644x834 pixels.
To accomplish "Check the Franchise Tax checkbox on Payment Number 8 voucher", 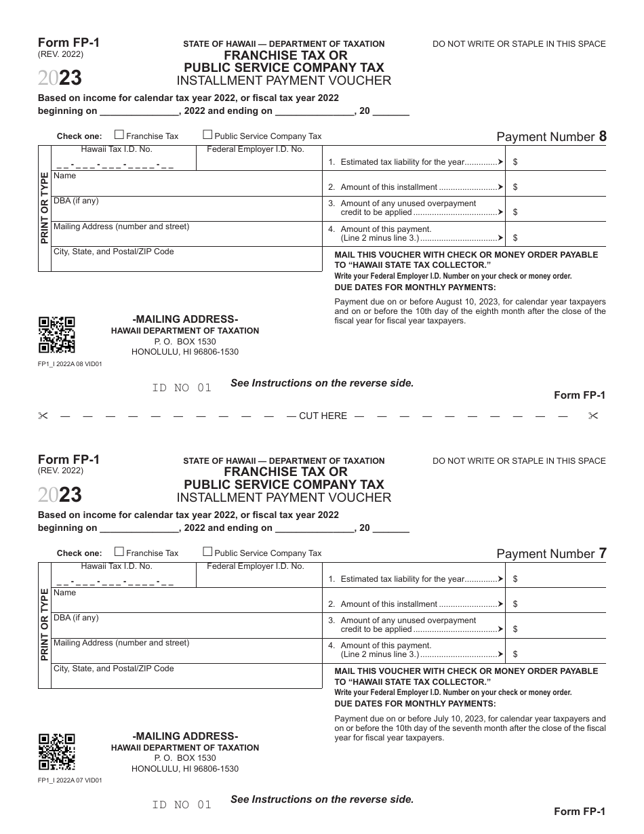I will [119, 135].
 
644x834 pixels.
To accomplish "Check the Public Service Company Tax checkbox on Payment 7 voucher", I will [208, 552].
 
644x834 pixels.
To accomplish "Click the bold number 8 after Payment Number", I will [603, 136].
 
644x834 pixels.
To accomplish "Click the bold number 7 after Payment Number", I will [603, 553].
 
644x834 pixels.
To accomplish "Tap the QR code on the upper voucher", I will [56, 335].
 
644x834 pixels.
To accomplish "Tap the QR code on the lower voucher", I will [56, 752].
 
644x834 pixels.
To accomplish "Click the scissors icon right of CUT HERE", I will [594, 416].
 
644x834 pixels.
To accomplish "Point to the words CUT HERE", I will [323, 416].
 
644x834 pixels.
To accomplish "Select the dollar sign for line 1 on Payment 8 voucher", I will [516, 163].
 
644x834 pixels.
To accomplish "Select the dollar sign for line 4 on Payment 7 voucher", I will [516, 655].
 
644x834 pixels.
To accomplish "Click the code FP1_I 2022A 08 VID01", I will [70, 363].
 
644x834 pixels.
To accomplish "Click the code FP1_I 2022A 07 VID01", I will [70, 780].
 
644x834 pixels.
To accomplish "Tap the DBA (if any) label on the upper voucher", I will [76, 201].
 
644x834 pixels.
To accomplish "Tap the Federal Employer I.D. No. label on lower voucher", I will [256, 566].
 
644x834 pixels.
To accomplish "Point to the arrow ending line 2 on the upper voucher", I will [500, 187].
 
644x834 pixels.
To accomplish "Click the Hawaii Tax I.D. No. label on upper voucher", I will [117, 149].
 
